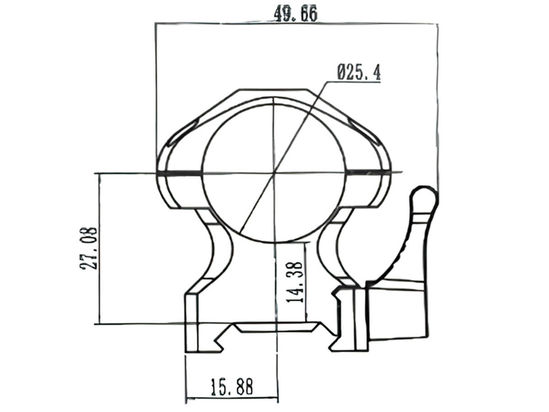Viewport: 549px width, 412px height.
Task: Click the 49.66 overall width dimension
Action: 296,14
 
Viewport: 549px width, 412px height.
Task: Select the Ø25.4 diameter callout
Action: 358,72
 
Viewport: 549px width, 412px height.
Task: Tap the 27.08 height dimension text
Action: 89,249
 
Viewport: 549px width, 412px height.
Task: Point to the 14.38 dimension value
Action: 294,282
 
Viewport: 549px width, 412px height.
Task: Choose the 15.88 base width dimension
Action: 231,387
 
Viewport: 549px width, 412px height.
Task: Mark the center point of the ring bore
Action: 274,173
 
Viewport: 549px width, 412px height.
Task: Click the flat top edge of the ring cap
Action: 274,89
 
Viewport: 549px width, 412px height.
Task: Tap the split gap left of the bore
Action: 180,173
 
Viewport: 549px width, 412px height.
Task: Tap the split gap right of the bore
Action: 369,173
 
